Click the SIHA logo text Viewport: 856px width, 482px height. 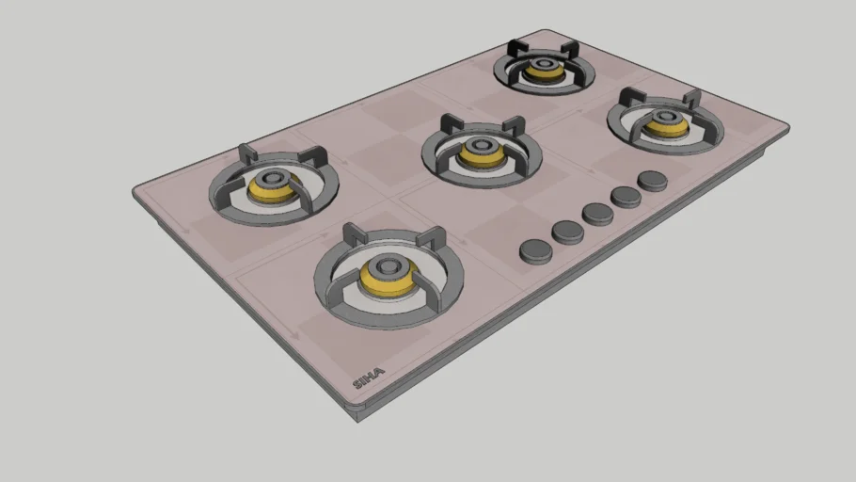coord(368,379)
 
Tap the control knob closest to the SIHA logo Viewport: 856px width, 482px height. coord(536,249)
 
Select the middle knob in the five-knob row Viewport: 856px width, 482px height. coord(597,214)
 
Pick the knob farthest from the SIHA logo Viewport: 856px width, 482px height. coord(653,180)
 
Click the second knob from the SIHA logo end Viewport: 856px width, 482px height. coord(568,232)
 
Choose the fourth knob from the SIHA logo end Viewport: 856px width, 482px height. coord(626,197)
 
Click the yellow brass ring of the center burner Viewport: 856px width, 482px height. coord(481,156)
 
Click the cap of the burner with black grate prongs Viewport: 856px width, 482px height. coord(543,64)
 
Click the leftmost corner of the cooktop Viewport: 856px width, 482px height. coord(135,192)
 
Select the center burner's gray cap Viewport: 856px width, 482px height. coord(481,146)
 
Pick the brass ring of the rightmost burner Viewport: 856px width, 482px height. coord(666,126)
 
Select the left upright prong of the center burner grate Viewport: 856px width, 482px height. coord(450,122)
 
